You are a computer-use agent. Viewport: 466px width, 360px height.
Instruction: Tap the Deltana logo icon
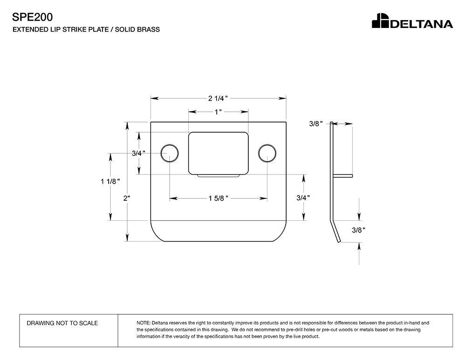tap(379, 21)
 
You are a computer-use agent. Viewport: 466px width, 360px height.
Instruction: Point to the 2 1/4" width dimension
tap(217, 98)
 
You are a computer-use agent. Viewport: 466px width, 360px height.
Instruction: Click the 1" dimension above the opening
tap(218, 112)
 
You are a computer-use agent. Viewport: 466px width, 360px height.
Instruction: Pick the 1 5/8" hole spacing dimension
tap(218, 199)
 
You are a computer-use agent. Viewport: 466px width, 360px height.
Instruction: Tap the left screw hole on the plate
tap(170, 153)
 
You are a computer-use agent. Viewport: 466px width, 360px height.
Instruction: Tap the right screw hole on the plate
tap(267, 153)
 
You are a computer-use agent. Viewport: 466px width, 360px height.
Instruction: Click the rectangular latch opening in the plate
tap(218, 153)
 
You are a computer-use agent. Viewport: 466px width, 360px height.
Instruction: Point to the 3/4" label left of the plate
tap(138, 153)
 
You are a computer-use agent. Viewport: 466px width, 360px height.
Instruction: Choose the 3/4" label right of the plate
tap(303, 197)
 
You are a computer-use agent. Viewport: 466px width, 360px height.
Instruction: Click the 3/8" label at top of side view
tap(315, 124)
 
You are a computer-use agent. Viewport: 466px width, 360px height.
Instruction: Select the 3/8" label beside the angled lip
tap(358, 230)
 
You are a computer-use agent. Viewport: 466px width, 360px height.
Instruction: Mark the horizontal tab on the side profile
tap(343, 176)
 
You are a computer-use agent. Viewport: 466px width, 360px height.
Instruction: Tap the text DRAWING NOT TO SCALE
tap(62, 323)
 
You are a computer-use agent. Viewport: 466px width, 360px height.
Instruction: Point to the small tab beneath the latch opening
tap(218, 176)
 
